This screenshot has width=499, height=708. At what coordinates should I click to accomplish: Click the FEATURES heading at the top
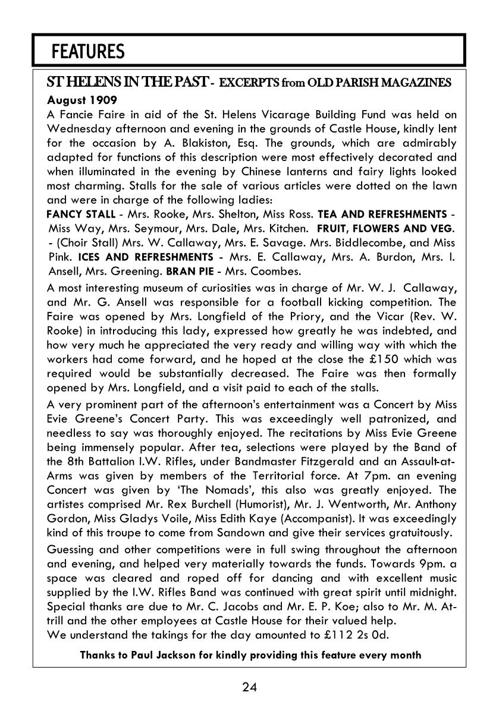coord(88,52)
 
